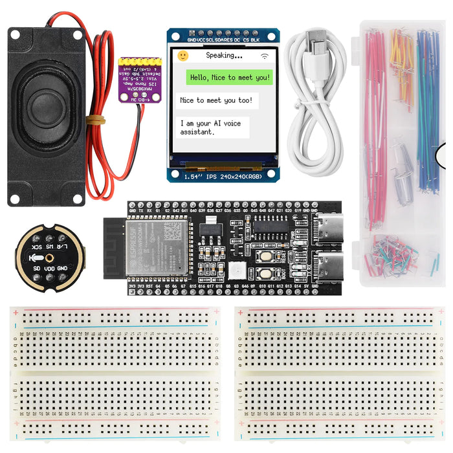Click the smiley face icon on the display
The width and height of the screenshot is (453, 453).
[183, 56]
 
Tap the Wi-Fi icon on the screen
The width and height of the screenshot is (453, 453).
[264, 56]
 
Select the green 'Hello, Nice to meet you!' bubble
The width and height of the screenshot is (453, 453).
[229, 78]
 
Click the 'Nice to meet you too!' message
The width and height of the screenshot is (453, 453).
[217, 100]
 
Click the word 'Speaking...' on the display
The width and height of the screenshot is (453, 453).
[224, 56]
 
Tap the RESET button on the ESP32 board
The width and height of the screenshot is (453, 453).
[265, 256]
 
